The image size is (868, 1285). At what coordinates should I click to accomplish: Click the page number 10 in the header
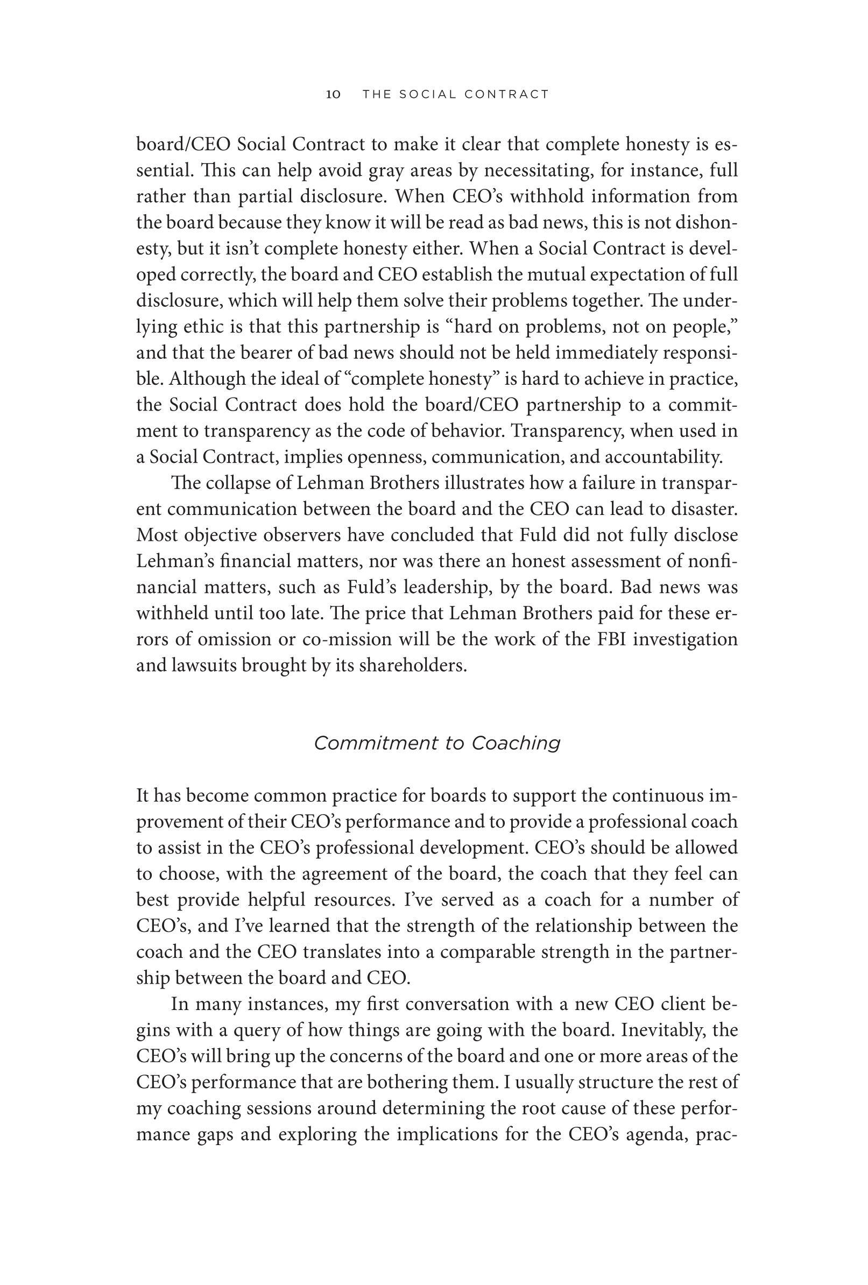point(334,95)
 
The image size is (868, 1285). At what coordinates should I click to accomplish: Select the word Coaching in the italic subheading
point(516,744)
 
